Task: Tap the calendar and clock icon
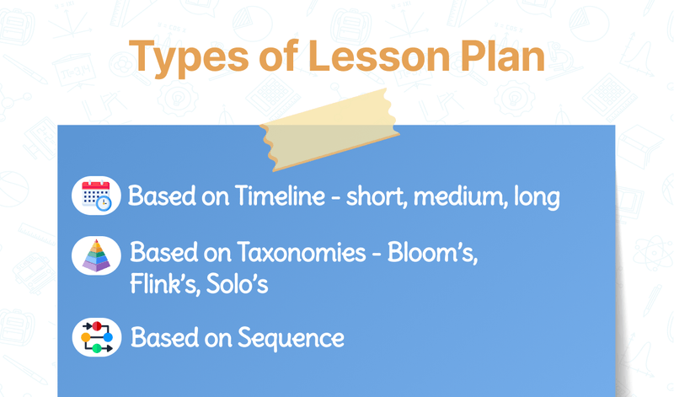pos(96,196)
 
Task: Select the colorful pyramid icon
pos(96,255)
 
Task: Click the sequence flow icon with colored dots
pos(96,336)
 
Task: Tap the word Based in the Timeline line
pos(160,197)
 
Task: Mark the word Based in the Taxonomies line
pos(162,254)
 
